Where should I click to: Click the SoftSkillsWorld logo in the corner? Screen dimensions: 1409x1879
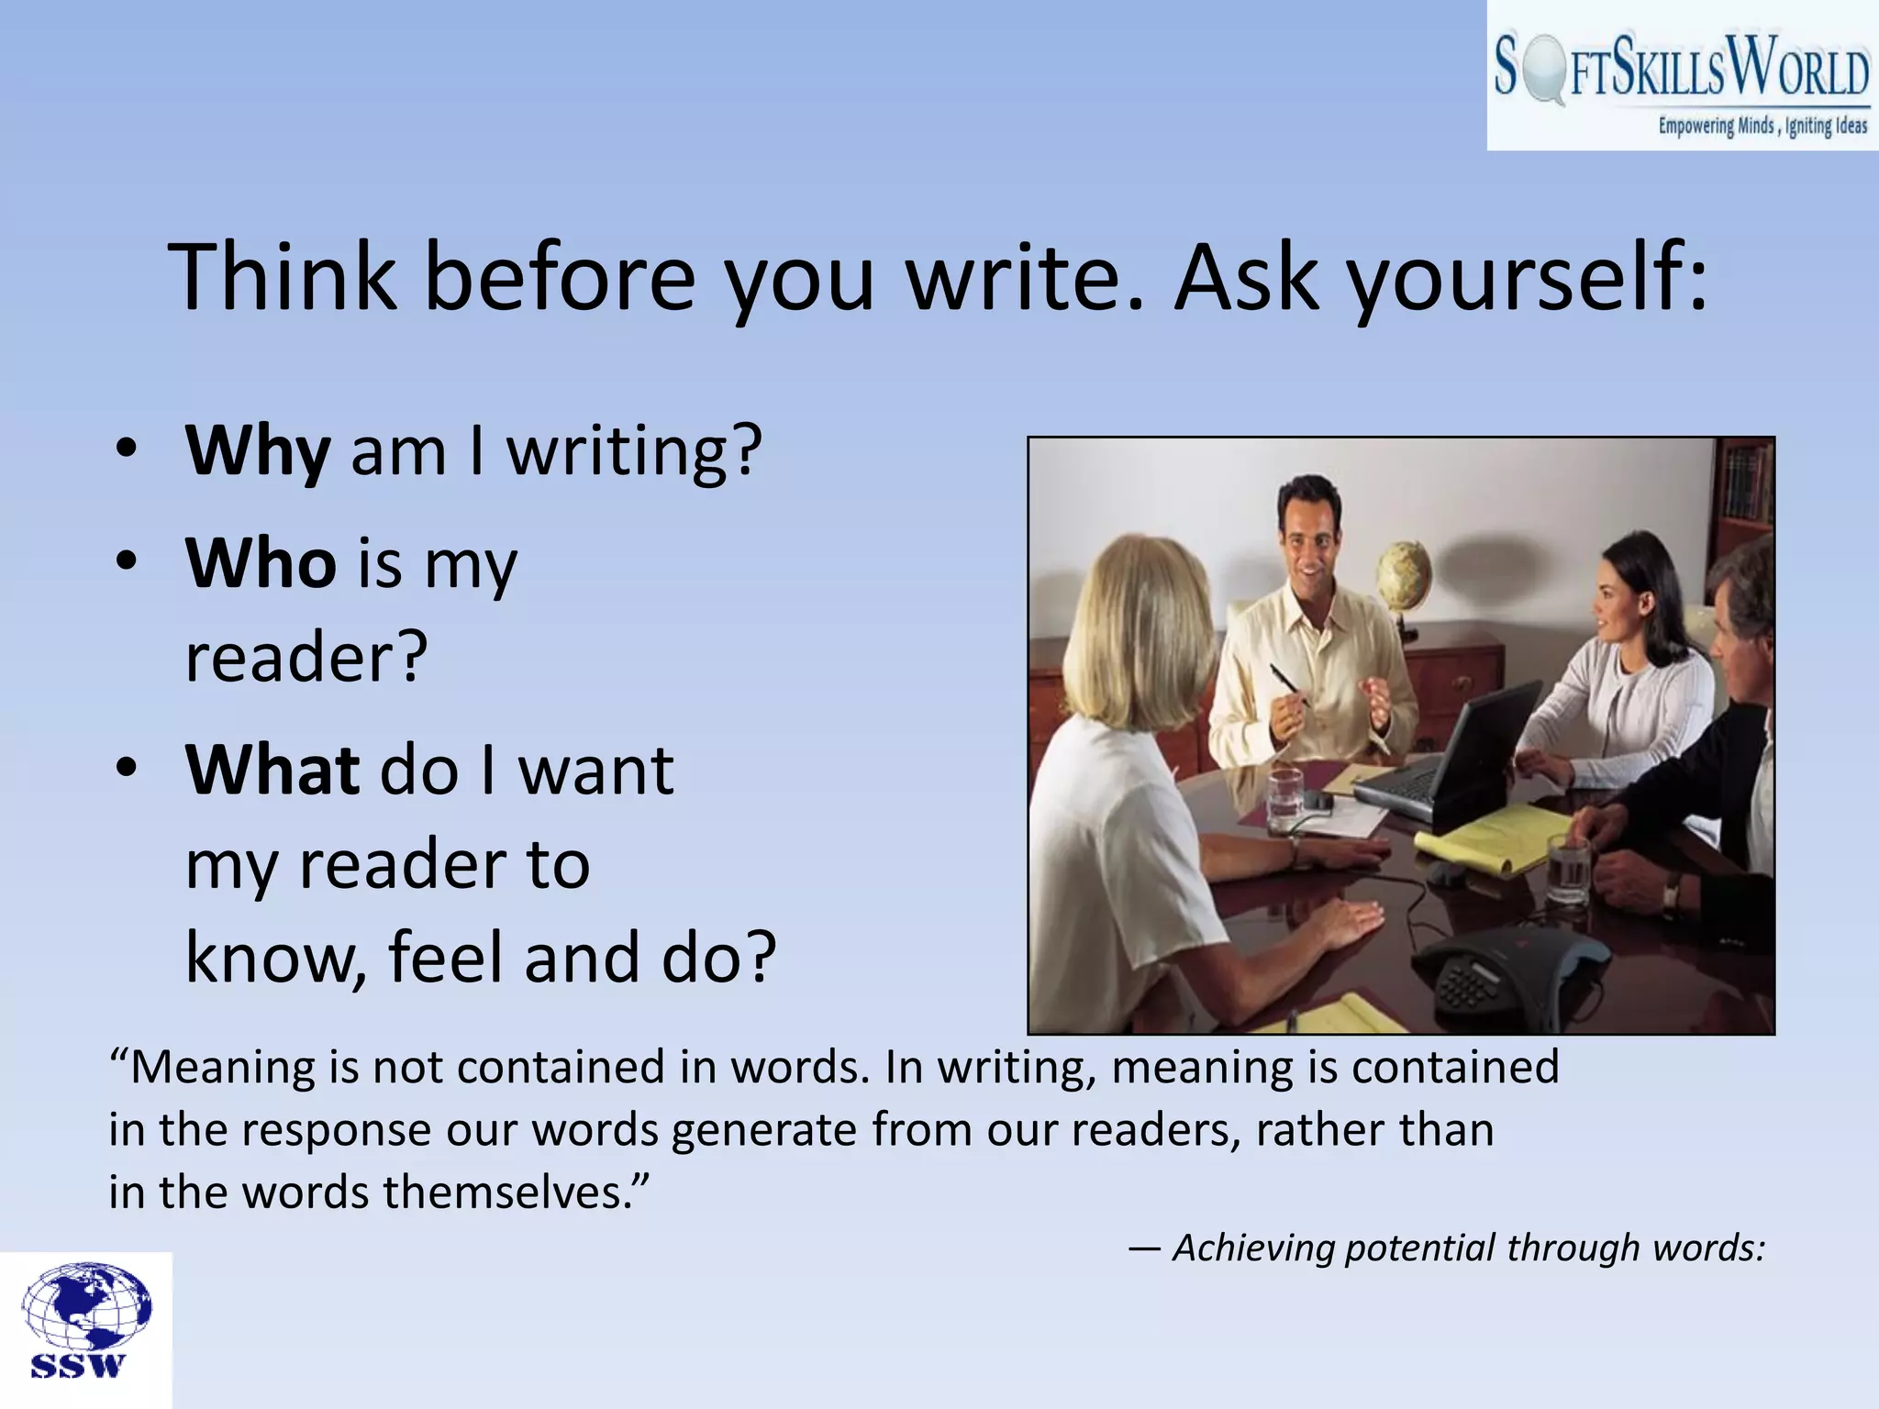pyautogui.click(x=1682, y=75)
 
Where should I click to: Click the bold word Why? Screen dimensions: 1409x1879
pyautogui.click(x=258, y=451)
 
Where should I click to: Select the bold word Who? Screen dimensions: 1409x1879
pyautogui.click(x=261, y=563)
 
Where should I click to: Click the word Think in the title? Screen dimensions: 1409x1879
pyautogui.click(x=283, y=277)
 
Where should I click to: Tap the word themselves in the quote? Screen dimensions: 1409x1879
pyautogui.click(x=515, y=1193)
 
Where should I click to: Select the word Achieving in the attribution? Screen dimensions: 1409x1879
pyautogui.click(x=1252, y=1248)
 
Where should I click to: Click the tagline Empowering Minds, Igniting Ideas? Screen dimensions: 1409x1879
pyautogui.click(x=1762, y=127)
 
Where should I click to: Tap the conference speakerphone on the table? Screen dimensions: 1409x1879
pyautogui.click(x=1505, y=972)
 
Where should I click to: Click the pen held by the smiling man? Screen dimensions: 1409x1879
pyautogui.click(x=1288, y=683)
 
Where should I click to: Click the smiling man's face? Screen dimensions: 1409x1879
pyautogui.click(x=1307, y=541)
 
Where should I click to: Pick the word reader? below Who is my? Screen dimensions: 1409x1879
pyautogui.click(x=306, y=658)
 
